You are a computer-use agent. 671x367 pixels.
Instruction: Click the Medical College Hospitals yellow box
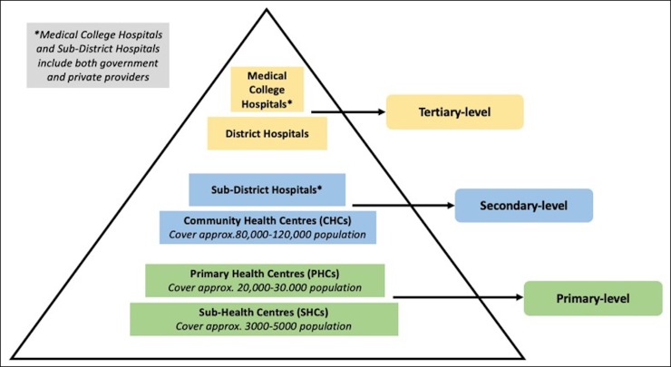point(267,88)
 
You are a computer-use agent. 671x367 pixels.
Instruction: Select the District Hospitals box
point(267,133)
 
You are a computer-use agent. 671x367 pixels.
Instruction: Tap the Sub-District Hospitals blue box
point(267,189)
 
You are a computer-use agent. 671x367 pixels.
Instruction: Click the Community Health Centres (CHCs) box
point(267,227)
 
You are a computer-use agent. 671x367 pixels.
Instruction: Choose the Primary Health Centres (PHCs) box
point(265,280)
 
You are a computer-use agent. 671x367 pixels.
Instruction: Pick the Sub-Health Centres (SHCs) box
point(265,318)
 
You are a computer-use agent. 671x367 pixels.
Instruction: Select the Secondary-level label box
point(523,206)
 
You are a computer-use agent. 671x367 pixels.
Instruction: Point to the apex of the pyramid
point(268,10)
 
